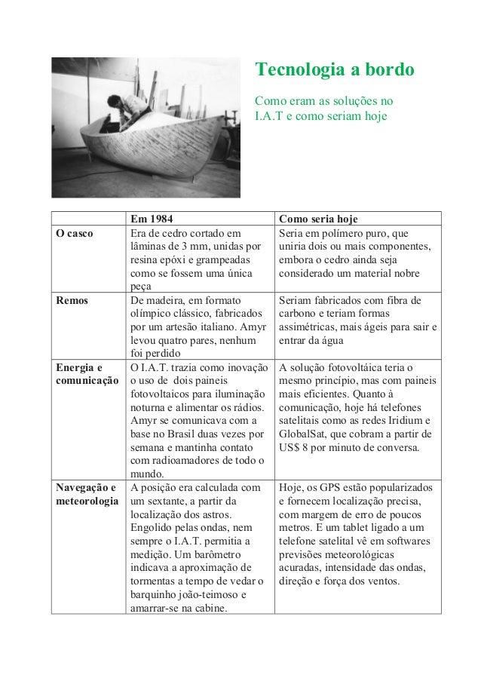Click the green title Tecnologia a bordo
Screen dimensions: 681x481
[x=334, y=70]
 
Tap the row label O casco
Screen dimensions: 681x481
[x=75, y=233]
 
